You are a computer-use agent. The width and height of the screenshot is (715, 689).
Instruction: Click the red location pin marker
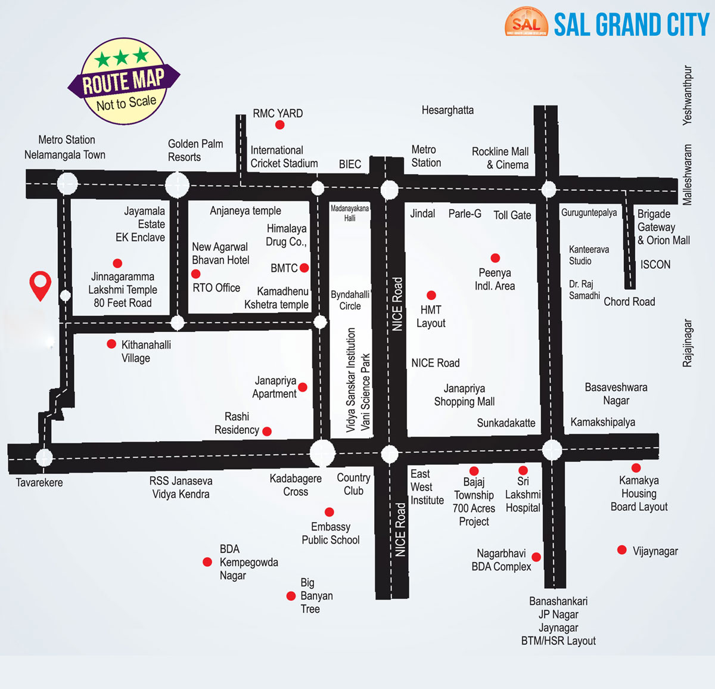(x=41, y=284)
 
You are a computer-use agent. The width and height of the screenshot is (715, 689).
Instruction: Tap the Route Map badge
(x=123, y=82)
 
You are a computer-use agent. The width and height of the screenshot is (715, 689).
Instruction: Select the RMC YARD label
(x=278, y=113)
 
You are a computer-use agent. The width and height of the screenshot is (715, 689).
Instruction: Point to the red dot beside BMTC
(x=304, y=268)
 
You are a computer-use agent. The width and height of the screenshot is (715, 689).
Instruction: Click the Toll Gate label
(x=512, y=215)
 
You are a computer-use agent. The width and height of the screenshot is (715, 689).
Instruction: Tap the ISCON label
(x=655, y=265)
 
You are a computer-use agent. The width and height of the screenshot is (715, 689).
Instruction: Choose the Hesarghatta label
(x=447, y=110)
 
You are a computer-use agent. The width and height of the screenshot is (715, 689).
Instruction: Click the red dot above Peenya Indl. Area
(x=495, y=258)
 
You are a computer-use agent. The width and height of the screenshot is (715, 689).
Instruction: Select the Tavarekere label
(x=39, y=483)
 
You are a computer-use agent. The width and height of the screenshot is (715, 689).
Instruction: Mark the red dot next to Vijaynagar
(x=622, y=550)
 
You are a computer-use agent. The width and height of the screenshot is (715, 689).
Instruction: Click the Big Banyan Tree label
(x=316, y=595)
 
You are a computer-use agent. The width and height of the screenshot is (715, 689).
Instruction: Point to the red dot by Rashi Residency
(x=267, y=431)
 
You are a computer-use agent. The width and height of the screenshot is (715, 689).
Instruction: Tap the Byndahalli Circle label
(x=350, y=300)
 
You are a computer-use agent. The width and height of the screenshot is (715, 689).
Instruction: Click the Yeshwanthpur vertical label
(x=688, y=95)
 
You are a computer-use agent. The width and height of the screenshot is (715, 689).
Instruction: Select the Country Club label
(x=353, y=484)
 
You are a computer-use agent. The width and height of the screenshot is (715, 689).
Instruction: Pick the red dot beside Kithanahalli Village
(x=111, y=344)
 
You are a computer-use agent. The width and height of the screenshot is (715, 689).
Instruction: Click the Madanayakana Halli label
(x=350, y=213)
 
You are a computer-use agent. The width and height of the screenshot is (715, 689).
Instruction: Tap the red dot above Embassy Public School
(x=329, y=512)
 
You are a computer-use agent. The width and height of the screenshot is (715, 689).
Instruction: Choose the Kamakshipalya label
(x=602, y=422)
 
